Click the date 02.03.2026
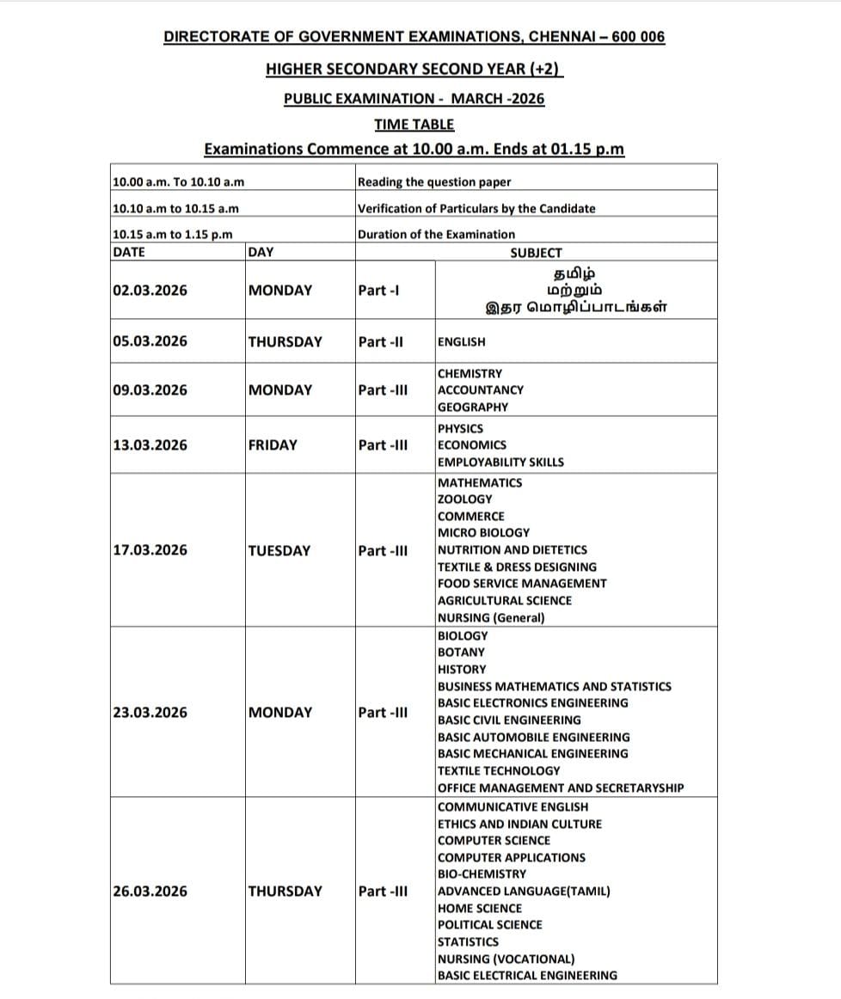(x=150, y=290)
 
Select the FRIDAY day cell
(x=272, y=444)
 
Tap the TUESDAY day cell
(x=279, y=550)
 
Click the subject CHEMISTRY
(x=470, y=373)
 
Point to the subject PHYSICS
(x=460, y=428)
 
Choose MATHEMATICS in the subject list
(x=479, y=482)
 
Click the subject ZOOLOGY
(x=464, y=499)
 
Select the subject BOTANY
(x=461, y=652)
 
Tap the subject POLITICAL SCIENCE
(x=489, y=924)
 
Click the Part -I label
(x=378, y=290)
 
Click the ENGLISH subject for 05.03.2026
(x=461, y=341)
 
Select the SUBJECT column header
(x=536, y=253)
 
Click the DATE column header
(x=129, y=252)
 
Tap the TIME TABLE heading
(x=414, y=124)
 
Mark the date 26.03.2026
(x=150, y=891)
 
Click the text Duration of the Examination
(x=436, y=234)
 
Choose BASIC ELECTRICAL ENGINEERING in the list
(x=527, y=975)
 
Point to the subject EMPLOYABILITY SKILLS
(x=500, y=462)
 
